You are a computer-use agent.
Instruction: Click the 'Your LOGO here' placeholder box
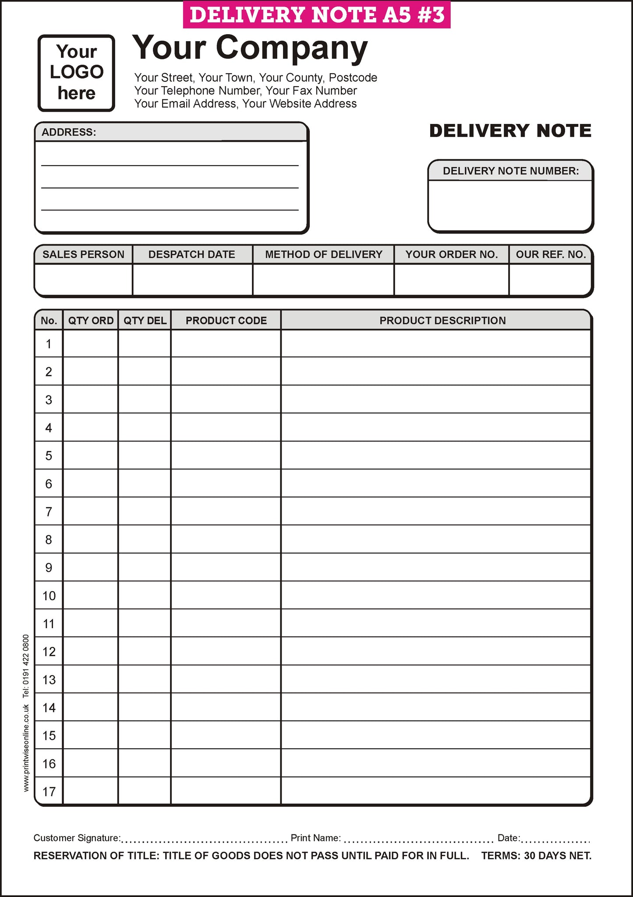(x=76, y=73)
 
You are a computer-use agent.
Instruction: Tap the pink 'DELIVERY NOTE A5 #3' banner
(x=316, y=15)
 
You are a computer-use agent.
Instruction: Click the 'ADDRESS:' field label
(x=69, y=132)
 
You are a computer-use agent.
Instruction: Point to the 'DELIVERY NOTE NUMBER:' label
(x=510, y=171)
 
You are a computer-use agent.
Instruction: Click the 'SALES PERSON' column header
(x=83, y=254)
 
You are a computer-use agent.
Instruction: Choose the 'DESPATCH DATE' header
(x=192, y=254)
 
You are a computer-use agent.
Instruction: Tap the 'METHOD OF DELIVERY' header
(x=323, y=254)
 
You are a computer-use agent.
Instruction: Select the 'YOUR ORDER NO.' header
(x=451, y=254)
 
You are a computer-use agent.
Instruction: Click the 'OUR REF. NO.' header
(x=551, y=254)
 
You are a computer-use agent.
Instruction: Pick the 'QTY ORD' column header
(x=91, y=320)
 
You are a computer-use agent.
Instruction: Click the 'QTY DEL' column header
(x=145, y=320)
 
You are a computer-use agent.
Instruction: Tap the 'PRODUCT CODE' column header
(x=226, y=320)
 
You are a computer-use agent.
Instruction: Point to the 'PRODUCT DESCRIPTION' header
(x=442, y=320)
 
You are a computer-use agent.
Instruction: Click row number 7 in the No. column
(x=49, y=511)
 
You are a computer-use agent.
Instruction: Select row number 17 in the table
(x=49, y=791)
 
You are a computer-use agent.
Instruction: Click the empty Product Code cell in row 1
(x=226, y=344)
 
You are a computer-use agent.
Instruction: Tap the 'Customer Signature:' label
(x=77, y=838)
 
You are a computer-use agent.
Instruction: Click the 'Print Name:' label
(x=316, y=838)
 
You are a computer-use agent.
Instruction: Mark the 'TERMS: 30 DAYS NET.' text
(x=536, y=856)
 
